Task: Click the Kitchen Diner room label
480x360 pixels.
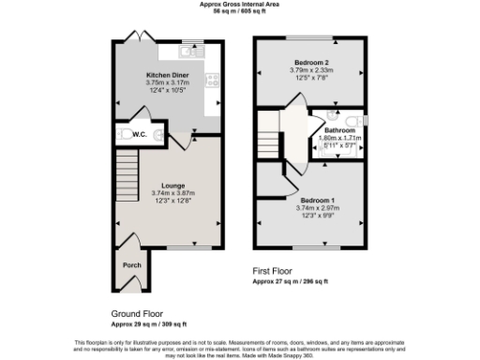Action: [x=167, y=74]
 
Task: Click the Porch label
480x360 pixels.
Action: [x=131, y=264]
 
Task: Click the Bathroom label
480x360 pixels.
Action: [x=339, y=130]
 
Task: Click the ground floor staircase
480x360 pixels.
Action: [x=126, y=178]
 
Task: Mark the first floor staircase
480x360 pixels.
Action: [x=270, y=141]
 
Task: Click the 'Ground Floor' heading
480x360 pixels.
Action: [x=137, y=314]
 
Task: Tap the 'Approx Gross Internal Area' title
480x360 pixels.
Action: [x=240, y=4]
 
